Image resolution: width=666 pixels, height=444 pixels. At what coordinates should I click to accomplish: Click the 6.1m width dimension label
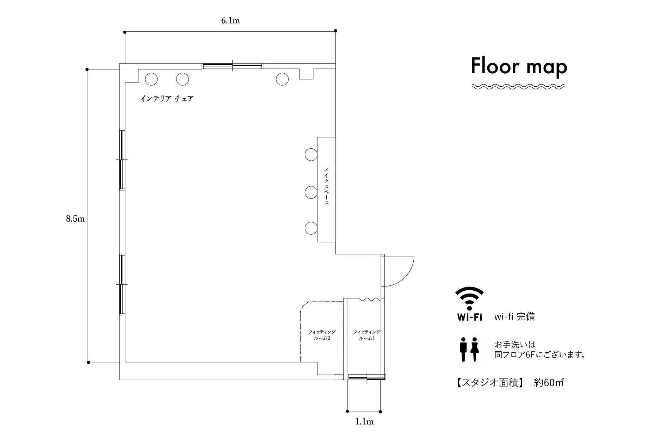coord(230,20)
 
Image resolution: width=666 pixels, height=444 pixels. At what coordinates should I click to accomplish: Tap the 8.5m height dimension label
coord(75,219)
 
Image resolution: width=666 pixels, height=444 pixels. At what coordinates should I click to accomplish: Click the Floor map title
coord(519,67)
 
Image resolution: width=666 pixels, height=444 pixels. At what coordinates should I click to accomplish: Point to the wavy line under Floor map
coord(518,86)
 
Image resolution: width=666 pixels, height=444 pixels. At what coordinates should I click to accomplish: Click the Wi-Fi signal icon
coord(469,298)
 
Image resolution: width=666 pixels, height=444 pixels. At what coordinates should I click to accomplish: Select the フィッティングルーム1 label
coord(366,335)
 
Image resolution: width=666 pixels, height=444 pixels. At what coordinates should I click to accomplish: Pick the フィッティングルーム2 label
coord(322,335)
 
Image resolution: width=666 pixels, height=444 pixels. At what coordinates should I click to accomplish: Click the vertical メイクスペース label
coord(326,186)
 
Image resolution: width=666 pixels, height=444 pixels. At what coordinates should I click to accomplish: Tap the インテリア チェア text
coord(167,99)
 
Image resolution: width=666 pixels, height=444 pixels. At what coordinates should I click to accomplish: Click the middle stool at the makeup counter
coord(311,192)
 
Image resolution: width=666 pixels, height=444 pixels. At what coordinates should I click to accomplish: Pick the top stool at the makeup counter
coord(311,154)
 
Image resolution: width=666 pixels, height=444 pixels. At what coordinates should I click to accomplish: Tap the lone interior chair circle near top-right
coord(282,79)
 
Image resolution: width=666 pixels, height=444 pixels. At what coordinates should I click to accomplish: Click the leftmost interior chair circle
coord(151,79)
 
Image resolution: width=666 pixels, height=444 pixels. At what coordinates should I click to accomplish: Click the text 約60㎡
coord(549,383)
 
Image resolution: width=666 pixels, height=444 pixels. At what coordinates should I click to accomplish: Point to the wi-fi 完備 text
coord(514,316)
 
